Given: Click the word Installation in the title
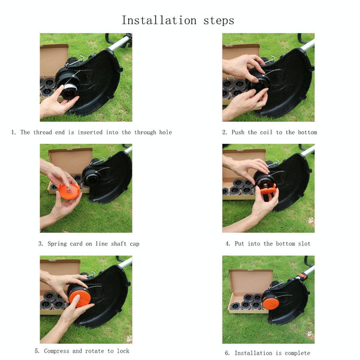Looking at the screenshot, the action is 159,20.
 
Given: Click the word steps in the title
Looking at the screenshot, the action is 219,21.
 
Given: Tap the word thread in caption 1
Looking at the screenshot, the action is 43,132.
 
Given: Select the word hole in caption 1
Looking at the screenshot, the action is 166,132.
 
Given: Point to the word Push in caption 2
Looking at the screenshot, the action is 238,132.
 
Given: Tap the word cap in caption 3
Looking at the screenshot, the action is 134,244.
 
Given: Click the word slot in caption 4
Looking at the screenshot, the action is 304,244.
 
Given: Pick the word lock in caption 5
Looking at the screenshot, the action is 123,351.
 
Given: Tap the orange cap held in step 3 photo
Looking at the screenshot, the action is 70,191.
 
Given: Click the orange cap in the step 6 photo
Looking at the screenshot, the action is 271,302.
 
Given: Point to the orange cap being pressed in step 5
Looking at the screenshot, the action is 80,298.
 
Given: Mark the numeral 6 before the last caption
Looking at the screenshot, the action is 226,353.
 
